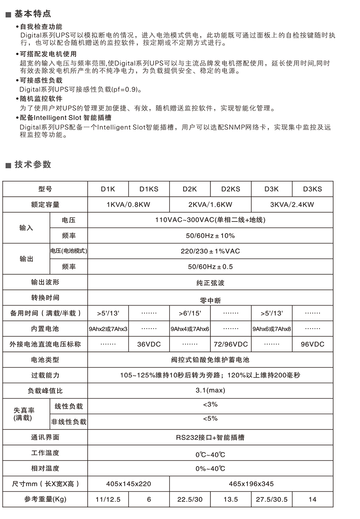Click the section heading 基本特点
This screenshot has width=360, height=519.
click(33, 14)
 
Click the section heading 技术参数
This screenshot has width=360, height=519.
click(33, 164)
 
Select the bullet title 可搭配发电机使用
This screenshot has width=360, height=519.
click(48, 54)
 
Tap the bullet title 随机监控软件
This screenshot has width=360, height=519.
click(41, 98)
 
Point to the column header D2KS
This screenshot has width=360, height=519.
click(231, 189)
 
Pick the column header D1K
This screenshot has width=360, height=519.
click(108, 189)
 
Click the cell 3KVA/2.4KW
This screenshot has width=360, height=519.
click(292, 205)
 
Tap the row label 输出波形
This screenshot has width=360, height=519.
click(45, 282)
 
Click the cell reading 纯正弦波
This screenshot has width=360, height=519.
click(210, 283)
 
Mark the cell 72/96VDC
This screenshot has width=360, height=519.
click(231, 344)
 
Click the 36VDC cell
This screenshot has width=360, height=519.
click(149, 344)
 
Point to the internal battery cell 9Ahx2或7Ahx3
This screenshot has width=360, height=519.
click(108, 329)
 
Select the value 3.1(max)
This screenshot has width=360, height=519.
click(210, 390)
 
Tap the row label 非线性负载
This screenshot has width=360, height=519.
click(68, 422)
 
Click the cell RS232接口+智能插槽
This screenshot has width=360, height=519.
click(210, 437)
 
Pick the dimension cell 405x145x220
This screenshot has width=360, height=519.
click(128, 484)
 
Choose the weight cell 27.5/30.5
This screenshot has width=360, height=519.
click(272, 499)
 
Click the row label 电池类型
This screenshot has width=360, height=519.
click(45, 360)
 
